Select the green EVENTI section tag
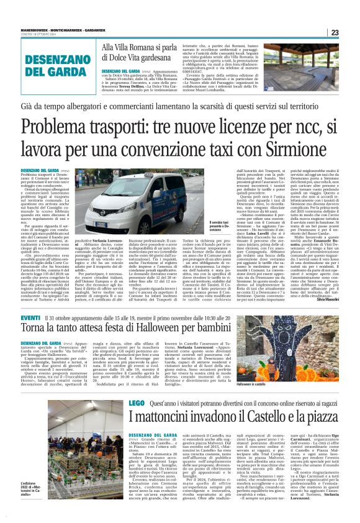click(30, 318)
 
